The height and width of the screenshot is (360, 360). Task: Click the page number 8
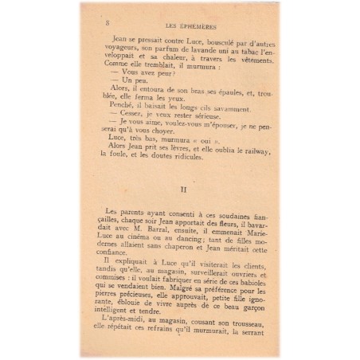[108, 24]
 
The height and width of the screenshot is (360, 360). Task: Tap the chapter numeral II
[183, 190]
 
